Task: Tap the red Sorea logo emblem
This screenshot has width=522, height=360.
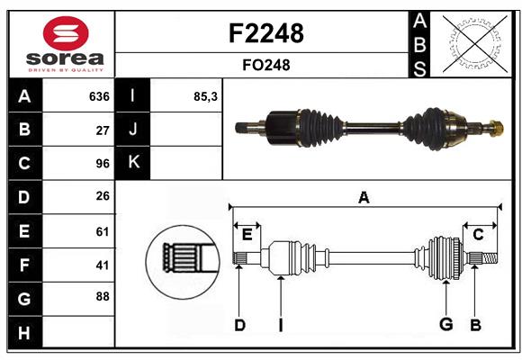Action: [x=66, y=35]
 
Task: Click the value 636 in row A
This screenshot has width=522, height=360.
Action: [x=98, y=96]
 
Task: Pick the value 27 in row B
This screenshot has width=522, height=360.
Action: [x=102, y=130]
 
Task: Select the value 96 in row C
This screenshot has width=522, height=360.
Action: [x=102, y=164]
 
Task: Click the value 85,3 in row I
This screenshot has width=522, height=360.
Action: [x=206, y=96]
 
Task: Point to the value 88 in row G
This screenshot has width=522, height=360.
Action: [x=102, y=296]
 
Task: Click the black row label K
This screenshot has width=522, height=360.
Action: [x=133, y=163]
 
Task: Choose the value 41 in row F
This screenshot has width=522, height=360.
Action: [x=102, y=265]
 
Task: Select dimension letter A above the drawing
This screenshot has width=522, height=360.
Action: [x=364, y=198]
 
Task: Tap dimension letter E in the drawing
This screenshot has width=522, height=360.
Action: [x=247, y=235]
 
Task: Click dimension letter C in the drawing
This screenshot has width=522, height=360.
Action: [x=478, y=235]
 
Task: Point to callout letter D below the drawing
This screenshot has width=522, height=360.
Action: [x=239, y=325]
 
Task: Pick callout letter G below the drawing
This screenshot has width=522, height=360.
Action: [x=445, y=325]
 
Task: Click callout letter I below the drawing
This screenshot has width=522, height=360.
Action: [x=281, y=325]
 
